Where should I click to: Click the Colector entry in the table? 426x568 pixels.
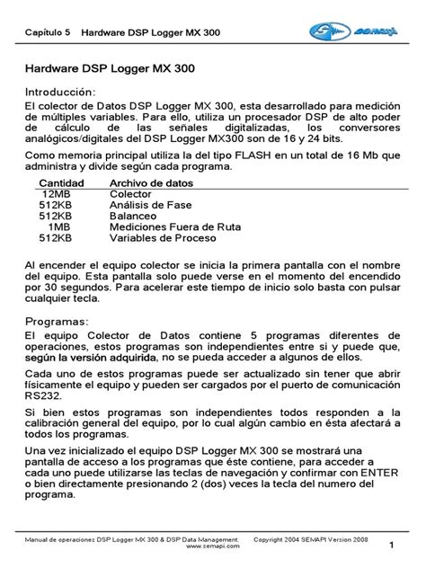pos(130,194)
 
